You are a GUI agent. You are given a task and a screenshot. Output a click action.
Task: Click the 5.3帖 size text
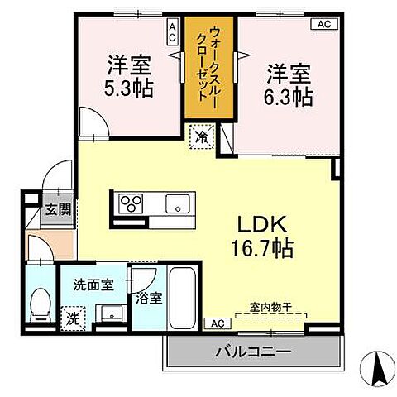pyautogui.click(x=129, y=88)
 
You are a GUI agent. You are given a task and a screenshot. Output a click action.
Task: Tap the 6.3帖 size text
pyautogui.click(x=289, y=96)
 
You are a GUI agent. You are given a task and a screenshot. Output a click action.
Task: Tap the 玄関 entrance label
pyautogui.click(x=58, y=209)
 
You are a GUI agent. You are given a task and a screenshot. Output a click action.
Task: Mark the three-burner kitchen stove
pyautogui.click(x=132, y=203)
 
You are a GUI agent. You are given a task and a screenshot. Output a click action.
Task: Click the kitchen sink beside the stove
pyautogui.click(x=178, y=203)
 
